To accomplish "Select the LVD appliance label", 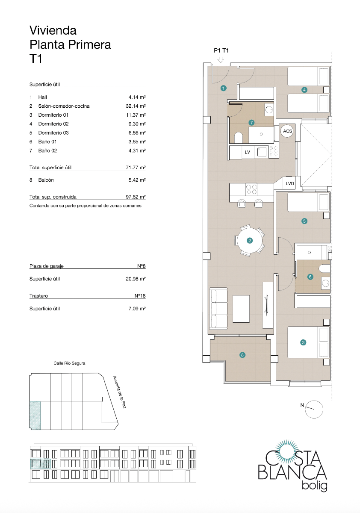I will click(290, 184).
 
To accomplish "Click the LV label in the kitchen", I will click(247, 152).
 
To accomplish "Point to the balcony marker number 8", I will click(242, 355).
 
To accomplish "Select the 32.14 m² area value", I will click(133, 106).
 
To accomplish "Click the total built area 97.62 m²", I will click(133, 197).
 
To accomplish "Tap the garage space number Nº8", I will click(142, 266).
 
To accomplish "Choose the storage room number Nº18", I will click(140, 296).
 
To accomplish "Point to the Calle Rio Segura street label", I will click(69, 363).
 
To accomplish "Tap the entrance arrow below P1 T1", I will click(221, 60).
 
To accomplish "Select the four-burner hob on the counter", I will click(251, 189).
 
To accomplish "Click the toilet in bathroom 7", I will click(238, 137).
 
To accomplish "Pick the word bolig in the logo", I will click(314, 486).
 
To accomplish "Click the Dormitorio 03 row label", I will click(53, 133).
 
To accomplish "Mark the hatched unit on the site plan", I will click(35, 415).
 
